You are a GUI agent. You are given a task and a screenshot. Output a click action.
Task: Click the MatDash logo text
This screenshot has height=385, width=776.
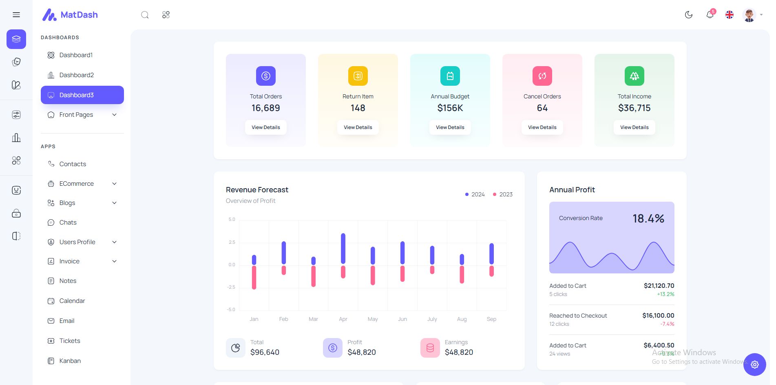click(79, 15)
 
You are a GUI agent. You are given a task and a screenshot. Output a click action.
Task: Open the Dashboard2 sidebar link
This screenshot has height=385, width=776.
click(76, 75)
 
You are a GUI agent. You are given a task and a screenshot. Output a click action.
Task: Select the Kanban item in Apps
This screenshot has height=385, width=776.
click(70, 361)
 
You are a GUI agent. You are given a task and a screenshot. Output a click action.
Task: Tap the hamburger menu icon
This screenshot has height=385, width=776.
click(16, 15)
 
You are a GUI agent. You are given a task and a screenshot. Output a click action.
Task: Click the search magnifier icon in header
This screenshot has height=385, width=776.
click(145, 15)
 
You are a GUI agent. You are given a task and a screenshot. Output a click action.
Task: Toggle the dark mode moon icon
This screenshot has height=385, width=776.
click(689, 15)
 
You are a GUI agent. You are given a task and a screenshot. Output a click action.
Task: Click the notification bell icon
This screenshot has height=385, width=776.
click(710, 15)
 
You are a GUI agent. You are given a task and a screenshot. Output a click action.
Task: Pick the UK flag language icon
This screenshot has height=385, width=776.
click(730, 15)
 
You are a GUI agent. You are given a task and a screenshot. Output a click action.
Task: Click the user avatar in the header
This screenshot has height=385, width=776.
click(749, 15)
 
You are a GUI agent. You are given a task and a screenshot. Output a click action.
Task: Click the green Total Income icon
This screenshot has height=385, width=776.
click(634, 76)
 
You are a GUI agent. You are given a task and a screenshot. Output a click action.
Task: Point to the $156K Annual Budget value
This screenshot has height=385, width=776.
click(450, 108)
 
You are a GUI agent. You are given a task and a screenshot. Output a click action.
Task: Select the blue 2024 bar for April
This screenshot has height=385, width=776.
click(343, 249)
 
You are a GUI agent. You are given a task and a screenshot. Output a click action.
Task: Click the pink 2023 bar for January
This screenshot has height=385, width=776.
click(254, 278)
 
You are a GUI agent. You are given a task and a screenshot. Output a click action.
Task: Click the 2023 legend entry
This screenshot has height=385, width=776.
click(503, 194)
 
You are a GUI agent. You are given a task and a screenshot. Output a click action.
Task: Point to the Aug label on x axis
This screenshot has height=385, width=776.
click(462, 319)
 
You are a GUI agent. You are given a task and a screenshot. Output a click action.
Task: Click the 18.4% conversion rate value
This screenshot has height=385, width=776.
click(648, 219)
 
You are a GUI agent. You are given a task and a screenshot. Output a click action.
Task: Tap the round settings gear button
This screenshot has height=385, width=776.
click(754, 365)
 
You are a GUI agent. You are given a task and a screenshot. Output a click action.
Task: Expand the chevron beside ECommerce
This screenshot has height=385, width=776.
click(115, 184)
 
